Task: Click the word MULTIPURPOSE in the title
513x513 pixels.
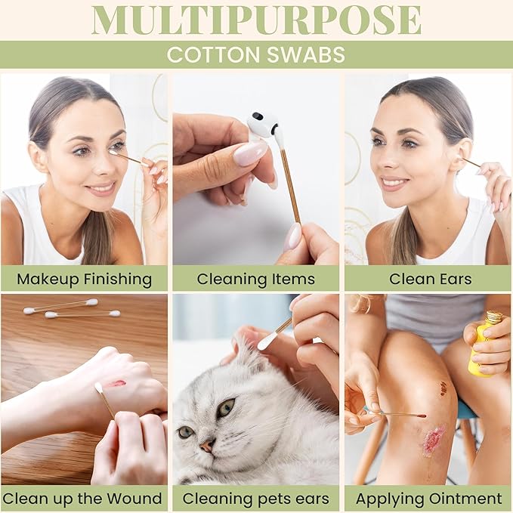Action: point(256,20)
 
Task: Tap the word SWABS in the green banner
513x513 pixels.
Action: point(306,54)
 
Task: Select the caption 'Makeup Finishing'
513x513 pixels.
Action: point(85,280)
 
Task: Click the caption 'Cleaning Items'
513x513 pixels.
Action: point(256,280)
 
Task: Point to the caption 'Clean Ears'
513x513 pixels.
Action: point(430,279)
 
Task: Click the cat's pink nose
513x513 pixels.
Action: point(208,445)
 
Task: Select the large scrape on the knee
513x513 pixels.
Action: point(434,440)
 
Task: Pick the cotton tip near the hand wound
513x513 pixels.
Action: point(99,388)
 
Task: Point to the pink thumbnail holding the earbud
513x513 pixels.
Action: point(251,153)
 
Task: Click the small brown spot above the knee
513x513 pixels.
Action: point(443,388)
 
